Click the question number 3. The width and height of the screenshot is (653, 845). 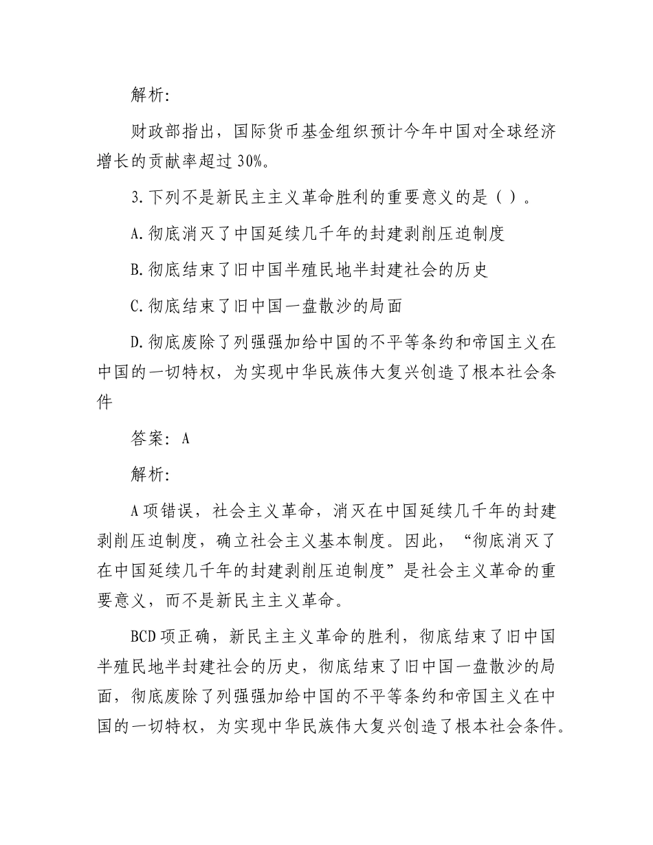pyautogui.click(x=136, y=199)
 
